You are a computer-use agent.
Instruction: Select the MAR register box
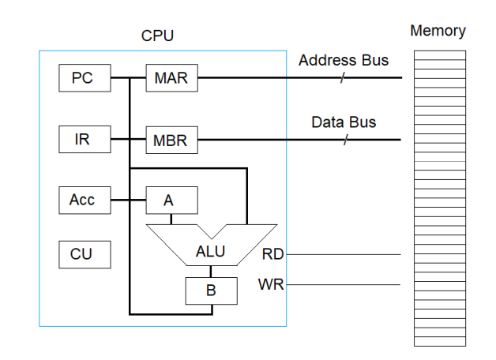pyautogui.click(x=171, y=78)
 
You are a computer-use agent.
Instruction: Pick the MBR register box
pyautogui.click(x=171, y=141)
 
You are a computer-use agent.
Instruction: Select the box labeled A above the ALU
pyautogui.click(x=171, y=201)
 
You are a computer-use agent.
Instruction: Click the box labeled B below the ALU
pyautogui.click(x=211, y=290)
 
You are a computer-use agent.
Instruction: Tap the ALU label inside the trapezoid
pyautogui.click(x=211, y=253)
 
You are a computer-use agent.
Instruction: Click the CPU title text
pyautogui.click(x=157, y=36)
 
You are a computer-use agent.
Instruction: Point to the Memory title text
pyautogui.click(x=438, y=32)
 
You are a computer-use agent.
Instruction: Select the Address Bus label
pyautogui.click(x=344, y=60)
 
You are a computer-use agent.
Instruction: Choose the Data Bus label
pyautogui.click(x=344, y=122)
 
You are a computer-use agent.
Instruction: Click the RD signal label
pyautogui.click(x=272, y=254)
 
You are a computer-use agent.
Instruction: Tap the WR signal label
pyautogui.click(x=271, y=284)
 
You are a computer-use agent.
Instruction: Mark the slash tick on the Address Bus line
pyautogui.click(x=343, y=78)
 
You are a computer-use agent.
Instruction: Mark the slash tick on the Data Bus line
pyautogui.click(x=345, y=141)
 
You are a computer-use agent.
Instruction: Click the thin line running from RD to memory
pyautogui.click(x=348, y=254)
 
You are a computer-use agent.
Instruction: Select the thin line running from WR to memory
pyautogui.click(x=348, y=284)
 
